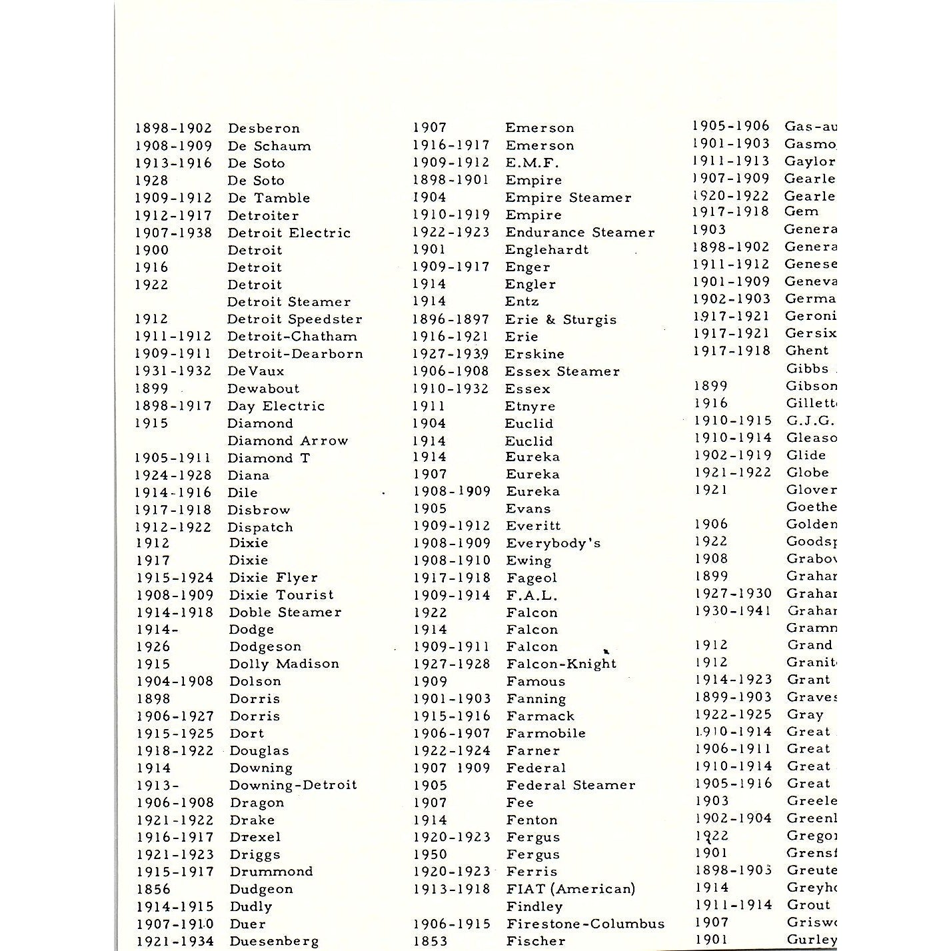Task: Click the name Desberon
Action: point(264,128)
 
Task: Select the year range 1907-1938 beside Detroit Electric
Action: point(173,233)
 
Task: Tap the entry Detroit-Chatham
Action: point(292,337)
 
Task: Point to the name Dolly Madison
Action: point(284,664)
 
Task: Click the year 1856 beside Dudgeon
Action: point(153,889)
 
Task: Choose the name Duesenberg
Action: point(274,941)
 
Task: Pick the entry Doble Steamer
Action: point(285,612)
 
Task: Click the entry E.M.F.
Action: point(532,163)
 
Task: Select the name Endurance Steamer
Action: point(580,233)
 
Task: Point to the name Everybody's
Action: point(553,543)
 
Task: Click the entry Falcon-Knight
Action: point(561,664)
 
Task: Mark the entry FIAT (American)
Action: point(570,889)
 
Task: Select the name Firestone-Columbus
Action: point(585,924)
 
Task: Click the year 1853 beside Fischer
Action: point(430,941)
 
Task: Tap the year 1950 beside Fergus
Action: point(430,854)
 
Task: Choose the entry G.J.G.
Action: point(809,421)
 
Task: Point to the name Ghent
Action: point(807,351)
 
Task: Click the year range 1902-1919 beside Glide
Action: point(732,455)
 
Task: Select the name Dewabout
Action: point(263,389)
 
